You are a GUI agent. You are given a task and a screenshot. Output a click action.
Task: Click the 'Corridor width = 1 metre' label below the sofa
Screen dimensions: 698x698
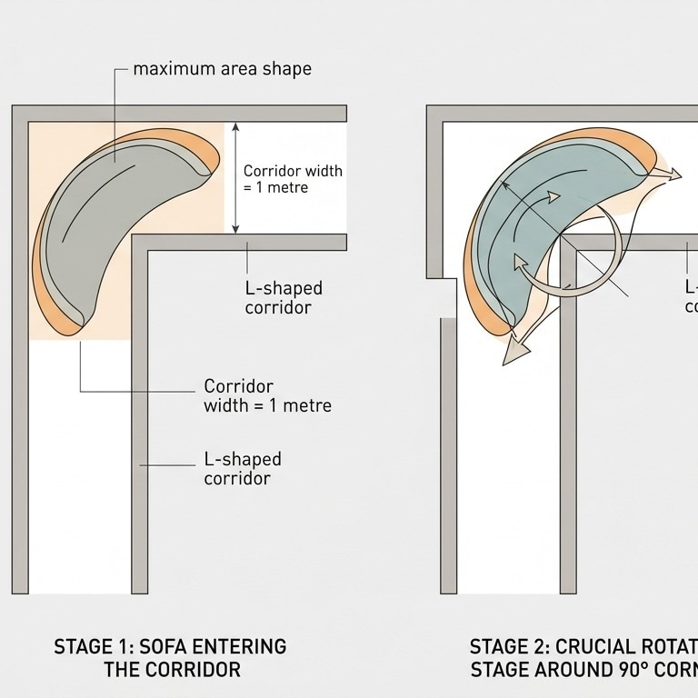(267, 395)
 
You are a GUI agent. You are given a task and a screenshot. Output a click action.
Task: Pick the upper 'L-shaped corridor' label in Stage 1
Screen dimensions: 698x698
(284, 297)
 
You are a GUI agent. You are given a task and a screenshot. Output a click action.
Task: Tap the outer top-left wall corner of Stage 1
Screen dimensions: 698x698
(19, 114)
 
